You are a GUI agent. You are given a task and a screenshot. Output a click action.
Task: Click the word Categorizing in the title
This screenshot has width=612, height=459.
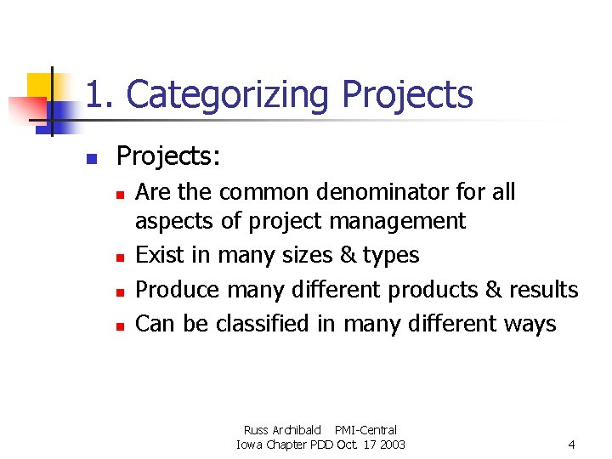click(227, 94)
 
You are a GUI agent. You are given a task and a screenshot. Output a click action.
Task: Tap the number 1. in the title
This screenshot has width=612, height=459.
click(101, 94)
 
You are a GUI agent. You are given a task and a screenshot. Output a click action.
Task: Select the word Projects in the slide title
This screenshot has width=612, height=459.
click(407, 94)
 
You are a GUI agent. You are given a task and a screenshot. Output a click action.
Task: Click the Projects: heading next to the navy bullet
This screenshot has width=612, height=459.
click(168, 156)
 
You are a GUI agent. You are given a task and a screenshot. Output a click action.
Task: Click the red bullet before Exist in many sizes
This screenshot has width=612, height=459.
click(122, 257)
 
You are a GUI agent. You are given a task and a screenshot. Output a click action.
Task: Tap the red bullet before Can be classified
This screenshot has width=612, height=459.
click(122, 326)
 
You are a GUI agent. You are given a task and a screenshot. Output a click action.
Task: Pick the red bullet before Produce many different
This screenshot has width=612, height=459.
click(122, 292)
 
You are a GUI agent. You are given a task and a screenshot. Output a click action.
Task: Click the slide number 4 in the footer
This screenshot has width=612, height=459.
click(571, 445)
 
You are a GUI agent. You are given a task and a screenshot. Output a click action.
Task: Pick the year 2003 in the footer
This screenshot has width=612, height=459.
click(391, 445)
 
